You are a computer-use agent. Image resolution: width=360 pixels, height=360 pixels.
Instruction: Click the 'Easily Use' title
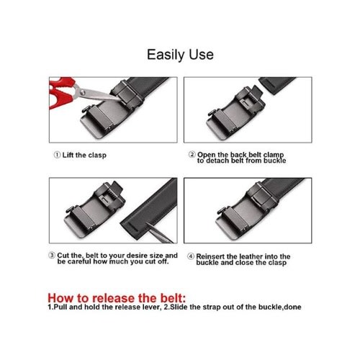[180, 55]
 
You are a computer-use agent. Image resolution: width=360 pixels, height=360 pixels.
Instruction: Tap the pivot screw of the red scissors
[82, 92]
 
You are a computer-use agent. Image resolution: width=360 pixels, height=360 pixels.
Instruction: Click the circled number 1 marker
[57, 155]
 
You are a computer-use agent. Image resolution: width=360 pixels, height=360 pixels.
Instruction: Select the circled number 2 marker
[192, 154]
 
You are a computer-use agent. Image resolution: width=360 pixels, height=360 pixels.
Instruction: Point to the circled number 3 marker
[52, 256]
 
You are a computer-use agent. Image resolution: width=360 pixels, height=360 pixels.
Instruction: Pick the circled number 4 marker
[191, 256]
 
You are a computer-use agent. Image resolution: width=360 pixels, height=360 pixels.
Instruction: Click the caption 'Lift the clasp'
[84, 155]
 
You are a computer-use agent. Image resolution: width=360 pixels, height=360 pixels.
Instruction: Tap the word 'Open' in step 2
[207, 155]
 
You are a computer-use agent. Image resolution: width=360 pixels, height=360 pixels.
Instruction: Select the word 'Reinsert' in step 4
[210, 256]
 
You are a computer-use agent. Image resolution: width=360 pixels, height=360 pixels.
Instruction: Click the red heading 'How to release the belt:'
[117, 298]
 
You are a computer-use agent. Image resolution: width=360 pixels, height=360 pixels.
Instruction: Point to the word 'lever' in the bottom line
[153, 307]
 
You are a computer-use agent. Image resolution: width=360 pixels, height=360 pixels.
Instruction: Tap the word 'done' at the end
[293, 307]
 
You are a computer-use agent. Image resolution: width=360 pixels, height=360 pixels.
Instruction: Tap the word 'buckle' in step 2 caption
[275, 161]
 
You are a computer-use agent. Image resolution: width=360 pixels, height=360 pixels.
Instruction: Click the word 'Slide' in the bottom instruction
[179, 307]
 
